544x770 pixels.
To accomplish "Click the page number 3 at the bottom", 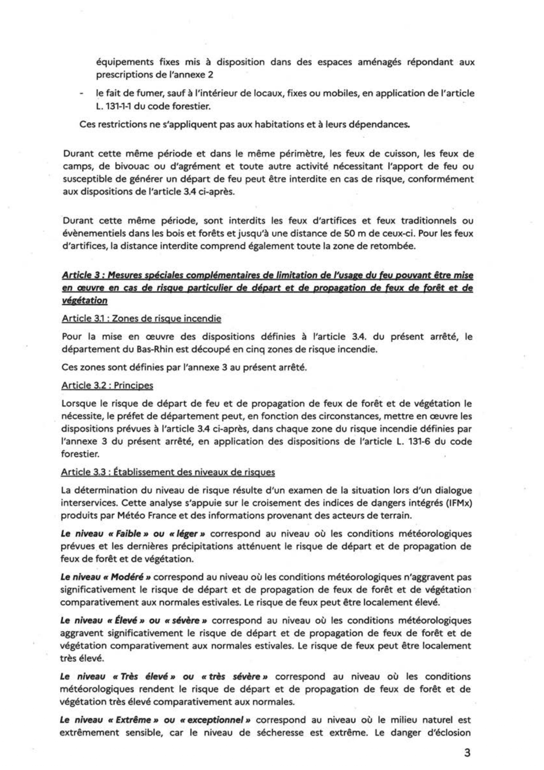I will pos(467,752).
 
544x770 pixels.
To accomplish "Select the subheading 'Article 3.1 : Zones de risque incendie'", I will pos(141,319).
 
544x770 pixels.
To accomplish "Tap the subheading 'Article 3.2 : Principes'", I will pos(107,385).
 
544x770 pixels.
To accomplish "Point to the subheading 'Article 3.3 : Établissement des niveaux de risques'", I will pos(168,472).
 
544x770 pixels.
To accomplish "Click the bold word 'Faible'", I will pos(128,534).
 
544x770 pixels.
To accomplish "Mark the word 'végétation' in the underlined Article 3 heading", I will pos(84,301).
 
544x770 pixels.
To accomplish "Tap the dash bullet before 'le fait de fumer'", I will pos(82,93).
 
